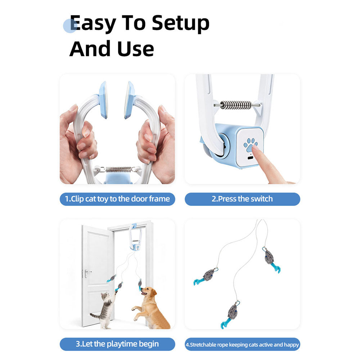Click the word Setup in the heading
(x=180, y=23)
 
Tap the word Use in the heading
(x=135, y=49)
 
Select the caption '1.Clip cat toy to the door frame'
(x=117, y=199)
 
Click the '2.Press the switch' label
(x=242, y=199)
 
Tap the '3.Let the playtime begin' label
(x=117, y=344)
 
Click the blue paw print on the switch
(x=251, y=145)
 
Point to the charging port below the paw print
(x=250, y=158)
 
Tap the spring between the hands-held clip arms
(x=118, y=170)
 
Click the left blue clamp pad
(x=104, y=100)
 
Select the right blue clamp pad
(x=130, y=100)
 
